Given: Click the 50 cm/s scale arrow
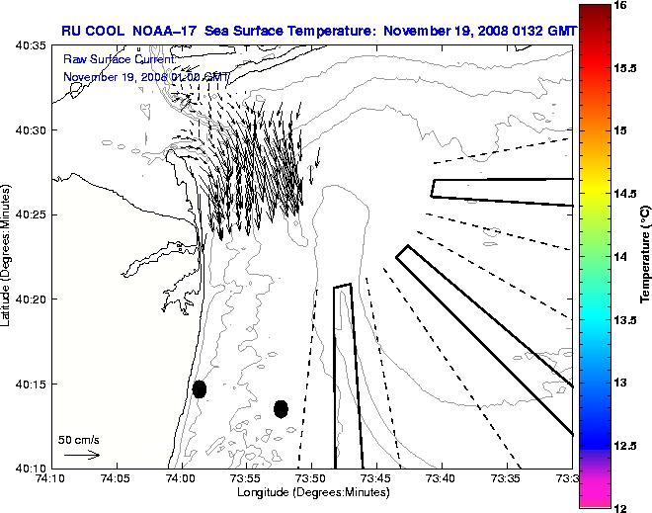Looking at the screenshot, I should [x=81, y=455].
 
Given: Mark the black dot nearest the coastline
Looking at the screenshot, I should [x=200, y=388].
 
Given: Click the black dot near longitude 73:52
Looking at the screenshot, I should [x=281, y=408].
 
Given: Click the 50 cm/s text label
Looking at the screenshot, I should [x=79, y=439].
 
